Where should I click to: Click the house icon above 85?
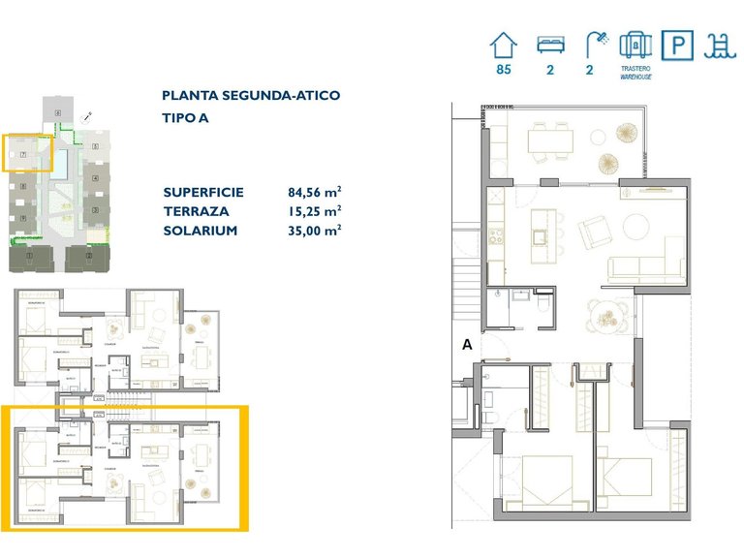pyautogui.click(x=503, y=45)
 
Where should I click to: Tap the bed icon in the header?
pyautogui.click(x=550, y=45)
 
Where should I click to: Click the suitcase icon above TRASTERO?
pyautogui.click(x=635, y=45)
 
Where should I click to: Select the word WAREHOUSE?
pyautogui.click(x=635, y=77)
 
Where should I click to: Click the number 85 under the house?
pyautogui.click(x=503, y=71)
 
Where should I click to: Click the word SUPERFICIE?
pyautogui.click(x=203, y=192)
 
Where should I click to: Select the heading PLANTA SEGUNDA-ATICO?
pyautogui.click(x=251, y=96)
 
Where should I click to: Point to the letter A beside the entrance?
pyautogui.click(x=467, y=344)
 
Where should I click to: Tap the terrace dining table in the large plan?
pyautogui.click(x=549, y=141)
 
